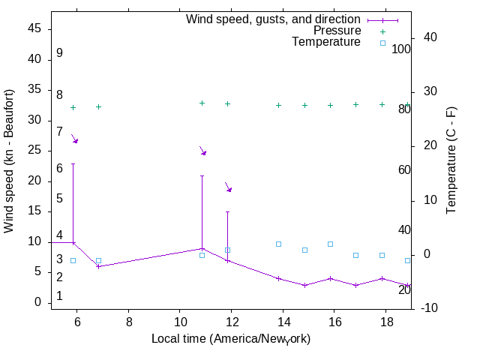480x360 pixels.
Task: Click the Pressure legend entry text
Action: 337,31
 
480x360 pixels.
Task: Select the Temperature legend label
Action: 326,42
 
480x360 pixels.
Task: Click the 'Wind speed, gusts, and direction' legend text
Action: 274,19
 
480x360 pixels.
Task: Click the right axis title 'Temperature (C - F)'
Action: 451,160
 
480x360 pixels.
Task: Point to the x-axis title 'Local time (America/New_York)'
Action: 231,339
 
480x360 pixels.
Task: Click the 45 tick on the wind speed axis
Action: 35,28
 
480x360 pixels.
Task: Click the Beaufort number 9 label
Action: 59,53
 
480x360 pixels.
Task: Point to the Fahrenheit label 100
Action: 401,49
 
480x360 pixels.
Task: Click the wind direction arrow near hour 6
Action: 74,139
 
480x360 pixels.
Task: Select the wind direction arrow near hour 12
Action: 229,187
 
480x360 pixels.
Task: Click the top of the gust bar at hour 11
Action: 202,176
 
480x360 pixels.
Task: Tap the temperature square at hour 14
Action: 278,244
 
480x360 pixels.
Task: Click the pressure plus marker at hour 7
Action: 98,107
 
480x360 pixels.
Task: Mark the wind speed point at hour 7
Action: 98,266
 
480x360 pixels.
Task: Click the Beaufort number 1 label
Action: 59,296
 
